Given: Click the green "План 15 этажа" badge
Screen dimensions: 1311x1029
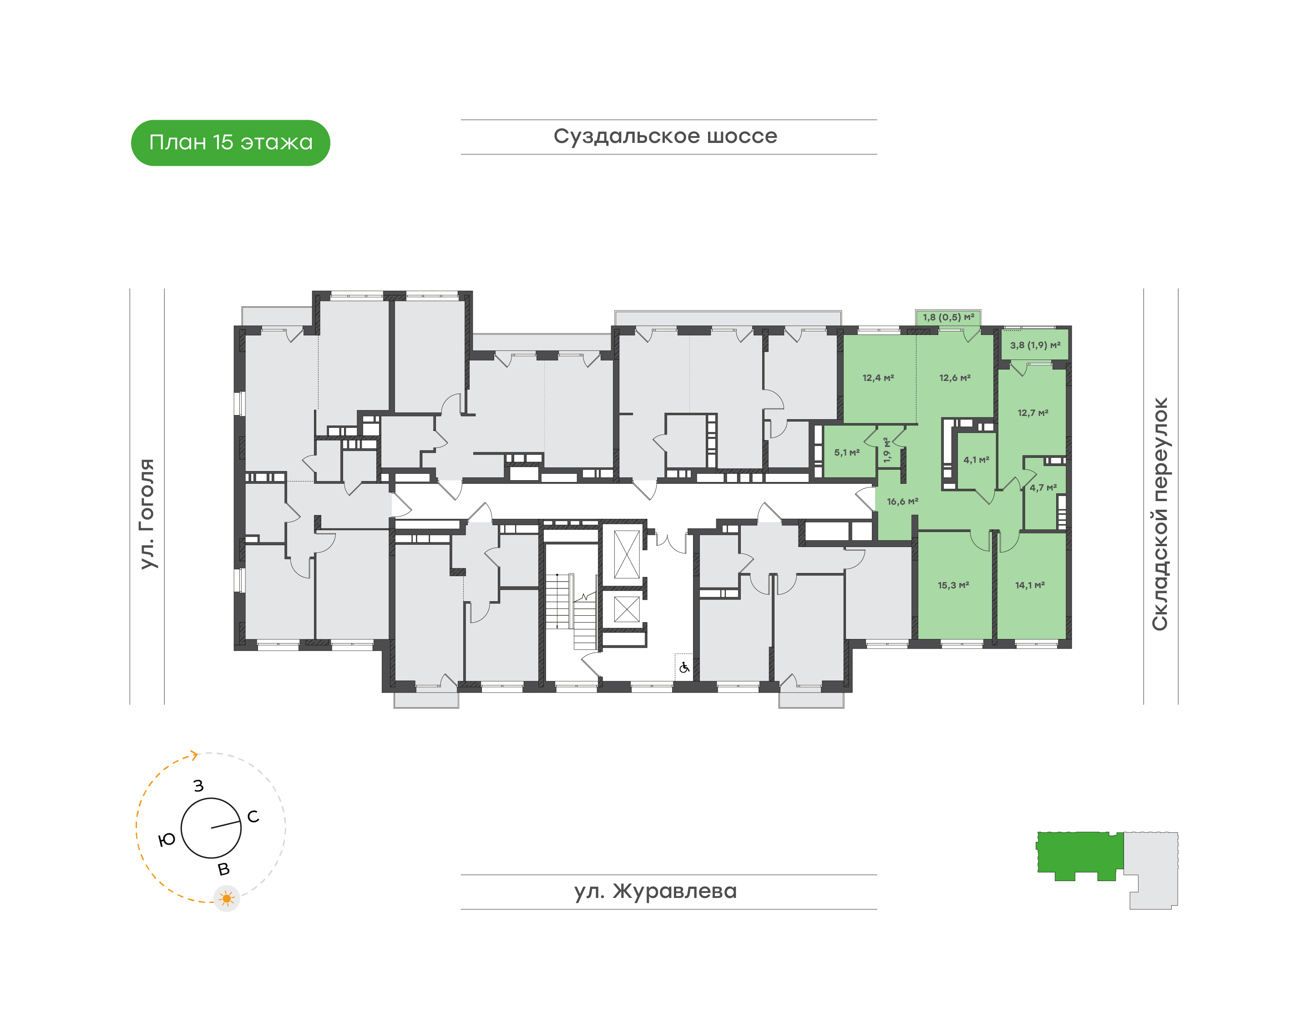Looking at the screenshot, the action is pos(230,143).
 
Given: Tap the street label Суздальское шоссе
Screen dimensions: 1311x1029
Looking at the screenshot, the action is pos(665,136).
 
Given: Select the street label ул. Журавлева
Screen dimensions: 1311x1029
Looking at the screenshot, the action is pos(655,891).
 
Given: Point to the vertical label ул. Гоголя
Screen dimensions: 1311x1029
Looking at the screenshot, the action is pos(147,513).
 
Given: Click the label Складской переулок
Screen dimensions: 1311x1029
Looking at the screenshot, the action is pos(1160,514).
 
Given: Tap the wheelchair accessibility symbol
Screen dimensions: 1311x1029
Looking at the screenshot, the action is pos(684,668).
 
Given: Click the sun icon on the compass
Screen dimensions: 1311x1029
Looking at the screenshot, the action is pos(227,899).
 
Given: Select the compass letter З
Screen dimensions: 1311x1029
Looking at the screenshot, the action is pos(198,786).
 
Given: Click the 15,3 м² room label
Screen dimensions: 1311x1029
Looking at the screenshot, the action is pos(953,585).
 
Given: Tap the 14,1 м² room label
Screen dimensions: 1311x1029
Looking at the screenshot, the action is pos(1030,585).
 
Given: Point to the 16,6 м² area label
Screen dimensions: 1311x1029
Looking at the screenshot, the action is pos(902,501).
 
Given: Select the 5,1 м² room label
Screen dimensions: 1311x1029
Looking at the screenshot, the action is pos(846,452).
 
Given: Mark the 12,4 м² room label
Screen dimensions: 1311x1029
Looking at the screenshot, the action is pos(878,378).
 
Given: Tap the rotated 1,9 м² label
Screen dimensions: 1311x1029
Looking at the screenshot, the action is pos(886,450).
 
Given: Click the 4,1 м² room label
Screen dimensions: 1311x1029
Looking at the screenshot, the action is pos(976,460).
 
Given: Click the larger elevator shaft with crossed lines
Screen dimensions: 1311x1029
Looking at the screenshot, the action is pos(627,554).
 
